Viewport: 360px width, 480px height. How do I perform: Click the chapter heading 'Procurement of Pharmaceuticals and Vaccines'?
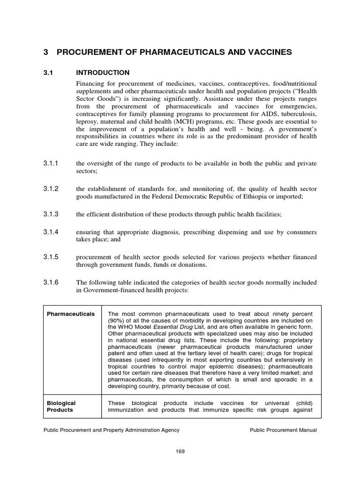[x=174, y=52]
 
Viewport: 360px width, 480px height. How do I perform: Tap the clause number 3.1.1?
[x=51, y=163]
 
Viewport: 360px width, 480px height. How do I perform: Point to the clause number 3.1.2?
[x=51, y=188]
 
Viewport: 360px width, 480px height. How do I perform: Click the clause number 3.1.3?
[x=51, y=214]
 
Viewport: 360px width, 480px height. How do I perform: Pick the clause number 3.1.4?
[x=51, y=232]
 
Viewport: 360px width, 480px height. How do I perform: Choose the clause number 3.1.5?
[x=51, y=257]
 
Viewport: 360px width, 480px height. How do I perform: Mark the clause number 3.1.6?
[x=51, y=282]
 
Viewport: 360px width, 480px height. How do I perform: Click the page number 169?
[x=180, y=451]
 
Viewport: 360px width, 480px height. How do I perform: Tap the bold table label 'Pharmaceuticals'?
[x=70, y=314]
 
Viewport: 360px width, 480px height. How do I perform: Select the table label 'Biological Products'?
[x=61, y=406]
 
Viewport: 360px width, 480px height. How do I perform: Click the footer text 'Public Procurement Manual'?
[x=283, y=430]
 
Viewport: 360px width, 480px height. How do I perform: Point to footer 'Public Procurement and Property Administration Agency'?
[x=111, y=430]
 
